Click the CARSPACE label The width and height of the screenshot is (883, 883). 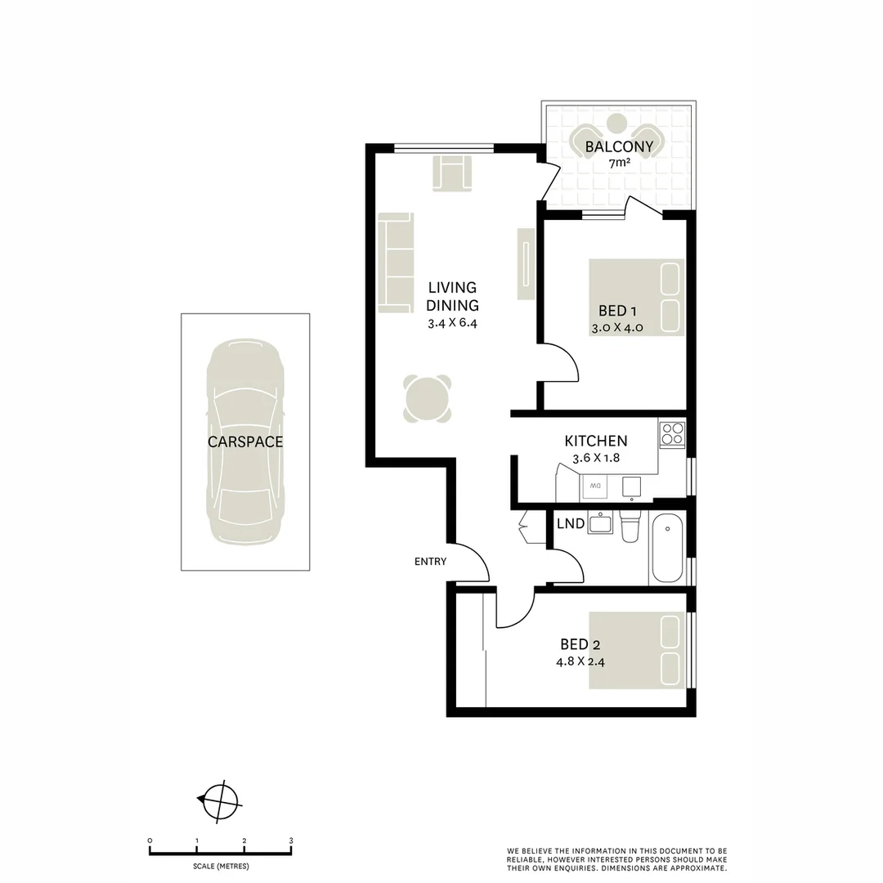244,441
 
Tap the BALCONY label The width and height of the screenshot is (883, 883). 619,148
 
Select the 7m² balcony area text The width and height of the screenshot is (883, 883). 619,164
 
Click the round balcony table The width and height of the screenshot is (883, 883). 617,124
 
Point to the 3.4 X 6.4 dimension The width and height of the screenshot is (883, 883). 451,323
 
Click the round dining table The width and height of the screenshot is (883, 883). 428,398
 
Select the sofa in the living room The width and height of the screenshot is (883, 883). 396,261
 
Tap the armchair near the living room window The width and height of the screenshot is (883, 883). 452,175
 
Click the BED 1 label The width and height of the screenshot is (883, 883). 617,311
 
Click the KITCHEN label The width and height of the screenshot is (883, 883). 596,441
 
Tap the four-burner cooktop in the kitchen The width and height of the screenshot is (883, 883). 672,434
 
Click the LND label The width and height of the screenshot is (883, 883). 570,524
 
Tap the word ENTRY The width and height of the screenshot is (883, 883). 430,561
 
